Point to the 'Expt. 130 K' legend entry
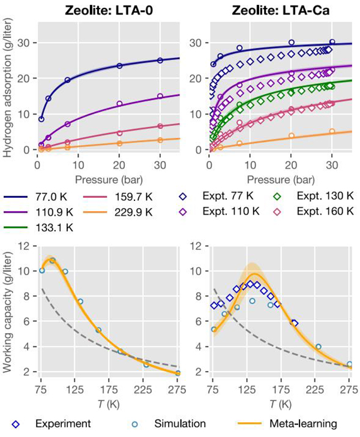[306, 195]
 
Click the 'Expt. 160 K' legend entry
[306, 212]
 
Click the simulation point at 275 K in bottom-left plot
[178, 373]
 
